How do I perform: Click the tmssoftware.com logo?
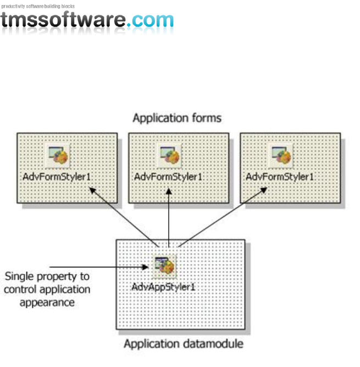87,20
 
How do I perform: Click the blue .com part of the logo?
150,20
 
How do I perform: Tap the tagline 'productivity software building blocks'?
38,6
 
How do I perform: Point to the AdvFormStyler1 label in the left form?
57,177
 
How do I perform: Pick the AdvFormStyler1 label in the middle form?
169,177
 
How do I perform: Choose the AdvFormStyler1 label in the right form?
280,177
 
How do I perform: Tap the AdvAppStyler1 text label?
164,287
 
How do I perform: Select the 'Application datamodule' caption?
183,344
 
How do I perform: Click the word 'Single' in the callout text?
20,276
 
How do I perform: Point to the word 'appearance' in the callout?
47,302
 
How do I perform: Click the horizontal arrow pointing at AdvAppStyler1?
99,267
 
